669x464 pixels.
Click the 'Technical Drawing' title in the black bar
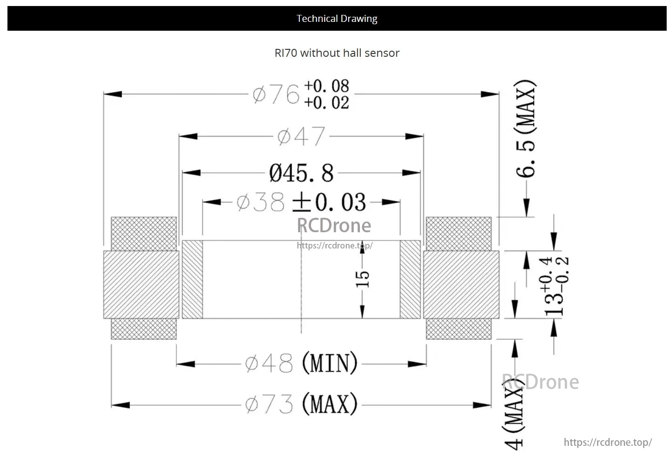[x=337, y=19]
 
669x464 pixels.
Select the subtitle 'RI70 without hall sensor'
[x=337, y=53]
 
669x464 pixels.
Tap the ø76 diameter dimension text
[x=276, y=94]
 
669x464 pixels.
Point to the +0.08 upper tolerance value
[x=326, y=86]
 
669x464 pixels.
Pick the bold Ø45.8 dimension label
[x=301, y=173]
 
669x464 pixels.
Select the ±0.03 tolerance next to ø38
[x=329, y=202]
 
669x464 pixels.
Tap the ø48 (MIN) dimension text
[x=301, y=363]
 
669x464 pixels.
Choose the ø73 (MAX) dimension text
[x=301, y=404]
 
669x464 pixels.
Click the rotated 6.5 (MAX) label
[x=526, y=129]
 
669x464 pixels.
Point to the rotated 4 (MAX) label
[x=514, y=417]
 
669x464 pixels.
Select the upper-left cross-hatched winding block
[x=144, y=234]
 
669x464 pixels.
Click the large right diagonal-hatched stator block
[x=461, y=284]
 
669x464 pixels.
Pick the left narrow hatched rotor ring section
[x=192, y=279]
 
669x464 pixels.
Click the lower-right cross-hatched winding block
[x=459, y=329]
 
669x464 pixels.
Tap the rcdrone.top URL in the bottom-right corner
[x=608, y=442]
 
